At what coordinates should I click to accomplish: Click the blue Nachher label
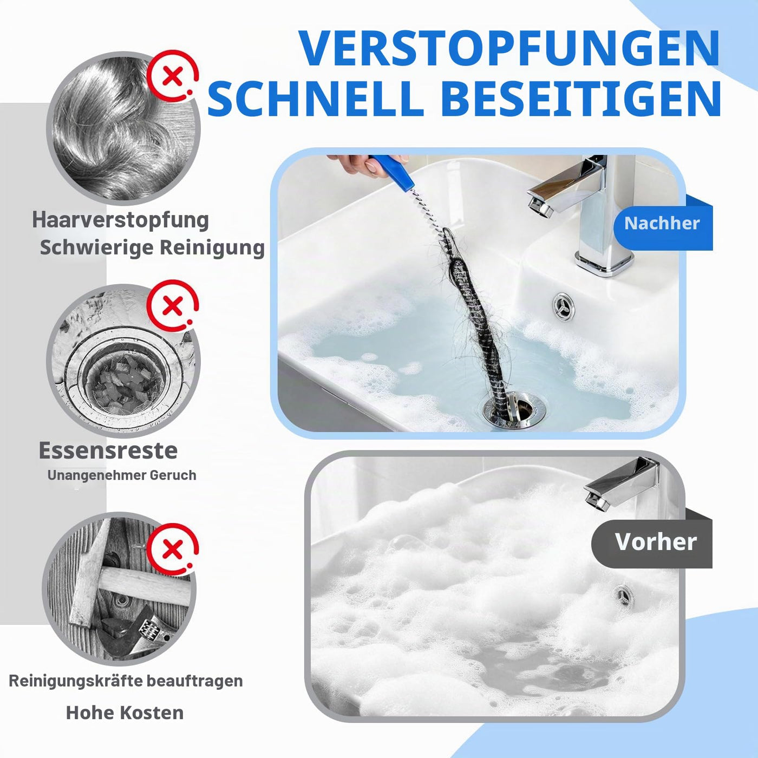(x=663, y=224)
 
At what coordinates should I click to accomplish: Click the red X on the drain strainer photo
(x=172, y=306)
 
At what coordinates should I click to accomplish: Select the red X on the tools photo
(x=172, y=550)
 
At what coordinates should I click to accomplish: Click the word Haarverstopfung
(x=120, y=220)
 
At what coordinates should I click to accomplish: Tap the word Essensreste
(x=108, y=450)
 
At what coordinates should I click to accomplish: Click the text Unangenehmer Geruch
(x=121, y=475)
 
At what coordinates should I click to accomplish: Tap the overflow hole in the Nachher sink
(x=564, y=305)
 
